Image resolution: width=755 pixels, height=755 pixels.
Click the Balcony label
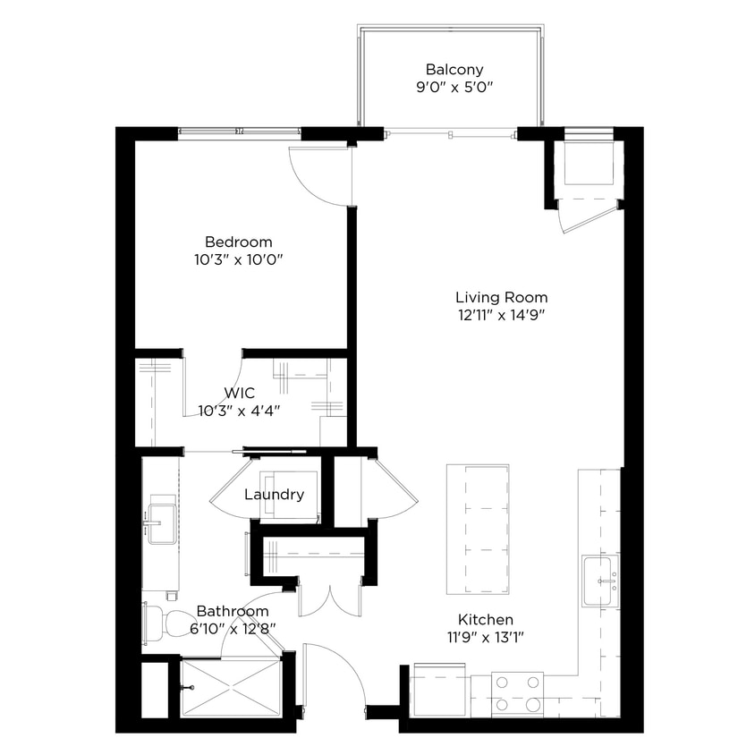(x=454, y=69)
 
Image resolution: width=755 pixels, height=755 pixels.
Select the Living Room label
(x=501, y=297)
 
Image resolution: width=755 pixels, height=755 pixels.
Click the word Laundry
(x=274, y=495)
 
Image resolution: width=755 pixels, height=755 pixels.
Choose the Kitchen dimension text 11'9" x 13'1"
(x=486, y=637)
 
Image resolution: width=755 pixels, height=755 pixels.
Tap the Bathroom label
(x=233, y=611)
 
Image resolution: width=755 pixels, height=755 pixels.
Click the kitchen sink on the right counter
(x=600, y=581)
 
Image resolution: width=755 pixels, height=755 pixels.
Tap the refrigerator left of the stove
(x=439, y=690)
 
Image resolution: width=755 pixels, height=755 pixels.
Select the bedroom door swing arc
(x=318, y=177)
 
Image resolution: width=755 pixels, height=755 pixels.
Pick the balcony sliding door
(x=450, y=133)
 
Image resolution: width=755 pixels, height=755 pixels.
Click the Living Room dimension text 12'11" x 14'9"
(x=501, y=315)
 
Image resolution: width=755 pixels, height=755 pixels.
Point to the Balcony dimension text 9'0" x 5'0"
(x=454, y=88)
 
